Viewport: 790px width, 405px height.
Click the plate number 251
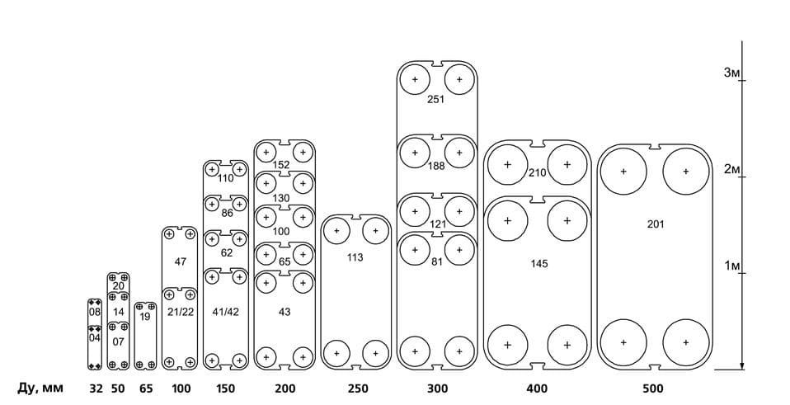pyautogui.click(x=435, y=99)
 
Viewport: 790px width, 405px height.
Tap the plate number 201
pyautogui.click(x=656, y=224)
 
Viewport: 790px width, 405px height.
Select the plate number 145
pyautogui.click(x=539, y=264)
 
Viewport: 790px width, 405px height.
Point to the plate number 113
pyautogui.click(x=355, y=258)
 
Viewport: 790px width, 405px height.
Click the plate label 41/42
pyautogui.click(x=226, y=312)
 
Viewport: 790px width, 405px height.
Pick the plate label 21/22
pyautogui.click(x=181, y=312)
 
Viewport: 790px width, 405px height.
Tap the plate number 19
pyautogui.click(x=144, y=317)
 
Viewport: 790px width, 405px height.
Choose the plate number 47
pyautogui.click(x=181, y=261)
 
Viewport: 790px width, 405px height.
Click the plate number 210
pyautogui.click(x=538, y=173)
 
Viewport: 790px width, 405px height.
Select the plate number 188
pyautogui.click(x=436, y=166)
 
